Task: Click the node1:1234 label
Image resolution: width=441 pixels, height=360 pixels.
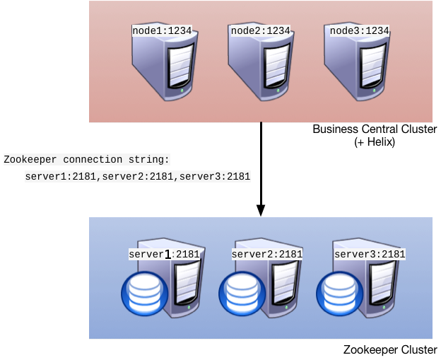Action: pos(162,31)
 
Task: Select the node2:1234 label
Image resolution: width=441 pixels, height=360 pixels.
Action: pos(261,31)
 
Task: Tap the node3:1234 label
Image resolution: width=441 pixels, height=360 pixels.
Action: pos(360,31)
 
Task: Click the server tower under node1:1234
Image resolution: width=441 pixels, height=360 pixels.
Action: pos(165,67)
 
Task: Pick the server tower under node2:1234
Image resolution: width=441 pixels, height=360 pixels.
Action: pos(261,67)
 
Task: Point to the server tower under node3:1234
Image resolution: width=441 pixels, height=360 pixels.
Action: pos(357,67)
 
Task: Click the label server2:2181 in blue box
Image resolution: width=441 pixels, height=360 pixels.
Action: pos(267,255)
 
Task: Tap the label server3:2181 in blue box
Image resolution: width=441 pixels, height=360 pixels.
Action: pos(370,255)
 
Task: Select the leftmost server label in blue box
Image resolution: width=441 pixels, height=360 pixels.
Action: pos(164,255)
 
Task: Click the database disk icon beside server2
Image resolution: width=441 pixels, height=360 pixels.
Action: pos(242,294)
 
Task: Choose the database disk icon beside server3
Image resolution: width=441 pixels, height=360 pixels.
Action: pos(340,294)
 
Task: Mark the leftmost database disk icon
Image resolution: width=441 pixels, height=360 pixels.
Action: pos(146,294)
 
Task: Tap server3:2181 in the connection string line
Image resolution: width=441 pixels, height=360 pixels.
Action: pos(215,177)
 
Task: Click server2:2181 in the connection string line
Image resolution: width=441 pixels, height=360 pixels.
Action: pos(138,177)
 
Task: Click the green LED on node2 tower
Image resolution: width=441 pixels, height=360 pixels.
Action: pos(278,91)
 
